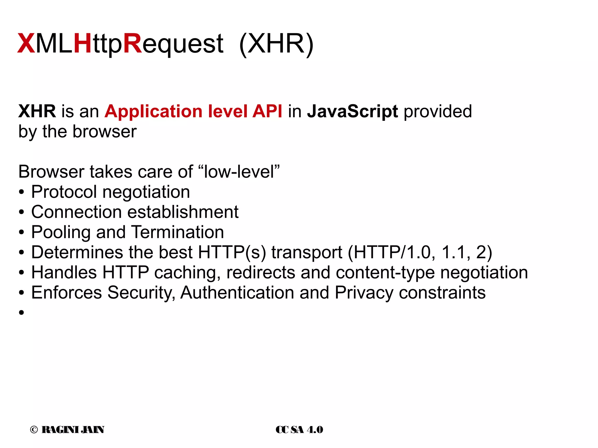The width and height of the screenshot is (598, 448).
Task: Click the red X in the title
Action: tap(26, 44)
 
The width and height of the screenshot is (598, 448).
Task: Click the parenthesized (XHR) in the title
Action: tap(276, 44)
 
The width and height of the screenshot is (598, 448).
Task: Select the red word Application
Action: tap(153, 111)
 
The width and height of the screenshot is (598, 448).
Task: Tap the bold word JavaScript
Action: tap(352, 111)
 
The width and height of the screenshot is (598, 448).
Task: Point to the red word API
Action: tap(267, 111)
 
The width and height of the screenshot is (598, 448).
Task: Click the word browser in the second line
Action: tap(104, 132)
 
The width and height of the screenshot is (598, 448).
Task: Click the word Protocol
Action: tap(64, 192)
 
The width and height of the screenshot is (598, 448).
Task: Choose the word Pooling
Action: tap(61, 232)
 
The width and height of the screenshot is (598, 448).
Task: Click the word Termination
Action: tap(178, 232)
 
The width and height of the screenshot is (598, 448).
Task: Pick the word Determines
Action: tap(77, 252)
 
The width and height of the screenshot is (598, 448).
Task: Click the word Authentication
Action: tap(237, 292)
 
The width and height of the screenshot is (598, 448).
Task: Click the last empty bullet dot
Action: tap(21, 313)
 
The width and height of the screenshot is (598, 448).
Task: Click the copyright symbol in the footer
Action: tap(34, 430)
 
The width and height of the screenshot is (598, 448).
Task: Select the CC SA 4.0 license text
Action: tap(299, 430)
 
